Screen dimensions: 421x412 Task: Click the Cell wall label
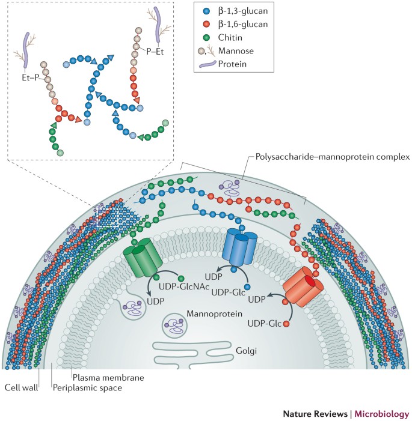click(x=19, y=388)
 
